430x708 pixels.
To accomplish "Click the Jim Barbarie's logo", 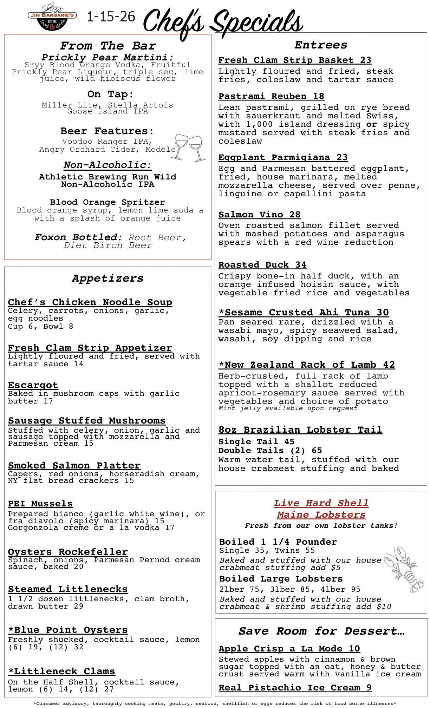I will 52,18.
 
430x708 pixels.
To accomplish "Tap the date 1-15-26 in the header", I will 111,17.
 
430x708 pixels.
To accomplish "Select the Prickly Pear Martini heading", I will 107,57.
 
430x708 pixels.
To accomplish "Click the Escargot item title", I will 33,385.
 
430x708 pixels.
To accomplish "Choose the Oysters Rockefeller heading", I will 68,552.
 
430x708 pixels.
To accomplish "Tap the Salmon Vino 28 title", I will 259,215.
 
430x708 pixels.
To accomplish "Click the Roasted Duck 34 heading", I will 262,265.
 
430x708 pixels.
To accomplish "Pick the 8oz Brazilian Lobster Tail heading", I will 300,430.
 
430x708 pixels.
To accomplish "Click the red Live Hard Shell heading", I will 321,503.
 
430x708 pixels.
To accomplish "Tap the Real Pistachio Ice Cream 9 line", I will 295,688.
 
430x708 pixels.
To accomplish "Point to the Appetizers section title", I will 108,278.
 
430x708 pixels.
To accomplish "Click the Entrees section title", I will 321,45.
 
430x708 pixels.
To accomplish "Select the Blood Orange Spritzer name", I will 107,202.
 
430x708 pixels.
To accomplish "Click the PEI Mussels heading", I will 40,504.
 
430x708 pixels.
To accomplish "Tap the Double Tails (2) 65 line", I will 270,451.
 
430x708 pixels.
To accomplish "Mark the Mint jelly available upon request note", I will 288,408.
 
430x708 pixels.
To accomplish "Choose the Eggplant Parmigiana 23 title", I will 283,157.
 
